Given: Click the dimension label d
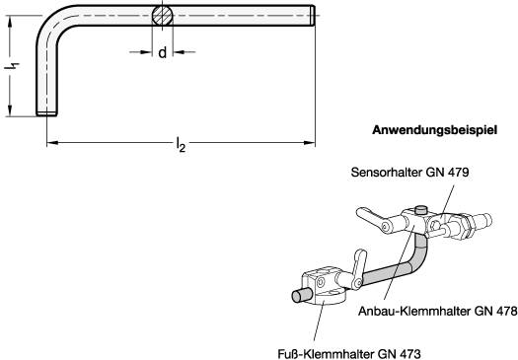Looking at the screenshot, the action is point(162,52).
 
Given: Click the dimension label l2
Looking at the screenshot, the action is point(181,144).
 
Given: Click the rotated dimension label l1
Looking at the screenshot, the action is point(12,66).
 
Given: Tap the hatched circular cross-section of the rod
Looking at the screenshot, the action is point(162,15).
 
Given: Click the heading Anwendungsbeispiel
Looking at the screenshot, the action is point(434,130).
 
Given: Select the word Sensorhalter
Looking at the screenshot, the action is point(387,172).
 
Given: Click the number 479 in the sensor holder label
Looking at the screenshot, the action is point(458,172).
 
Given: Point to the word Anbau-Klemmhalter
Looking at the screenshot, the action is point(414,311).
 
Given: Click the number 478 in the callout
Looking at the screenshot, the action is point(506,311).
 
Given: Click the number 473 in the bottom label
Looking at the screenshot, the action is point(409,354).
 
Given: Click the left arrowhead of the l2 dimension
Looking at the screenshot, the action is point(53,143).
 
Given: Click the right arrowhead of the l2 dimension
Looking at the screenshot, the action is point(310,143).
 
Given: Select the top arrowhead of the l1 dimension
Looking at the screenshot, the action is point(10,21).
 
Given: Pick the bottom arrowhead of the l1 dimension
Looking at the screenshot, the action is point(10,110).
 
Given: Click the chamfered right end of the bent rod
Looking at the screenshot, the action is point(312,15).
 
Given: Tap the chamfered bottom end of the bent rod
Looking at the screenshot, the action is point(46,113).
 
